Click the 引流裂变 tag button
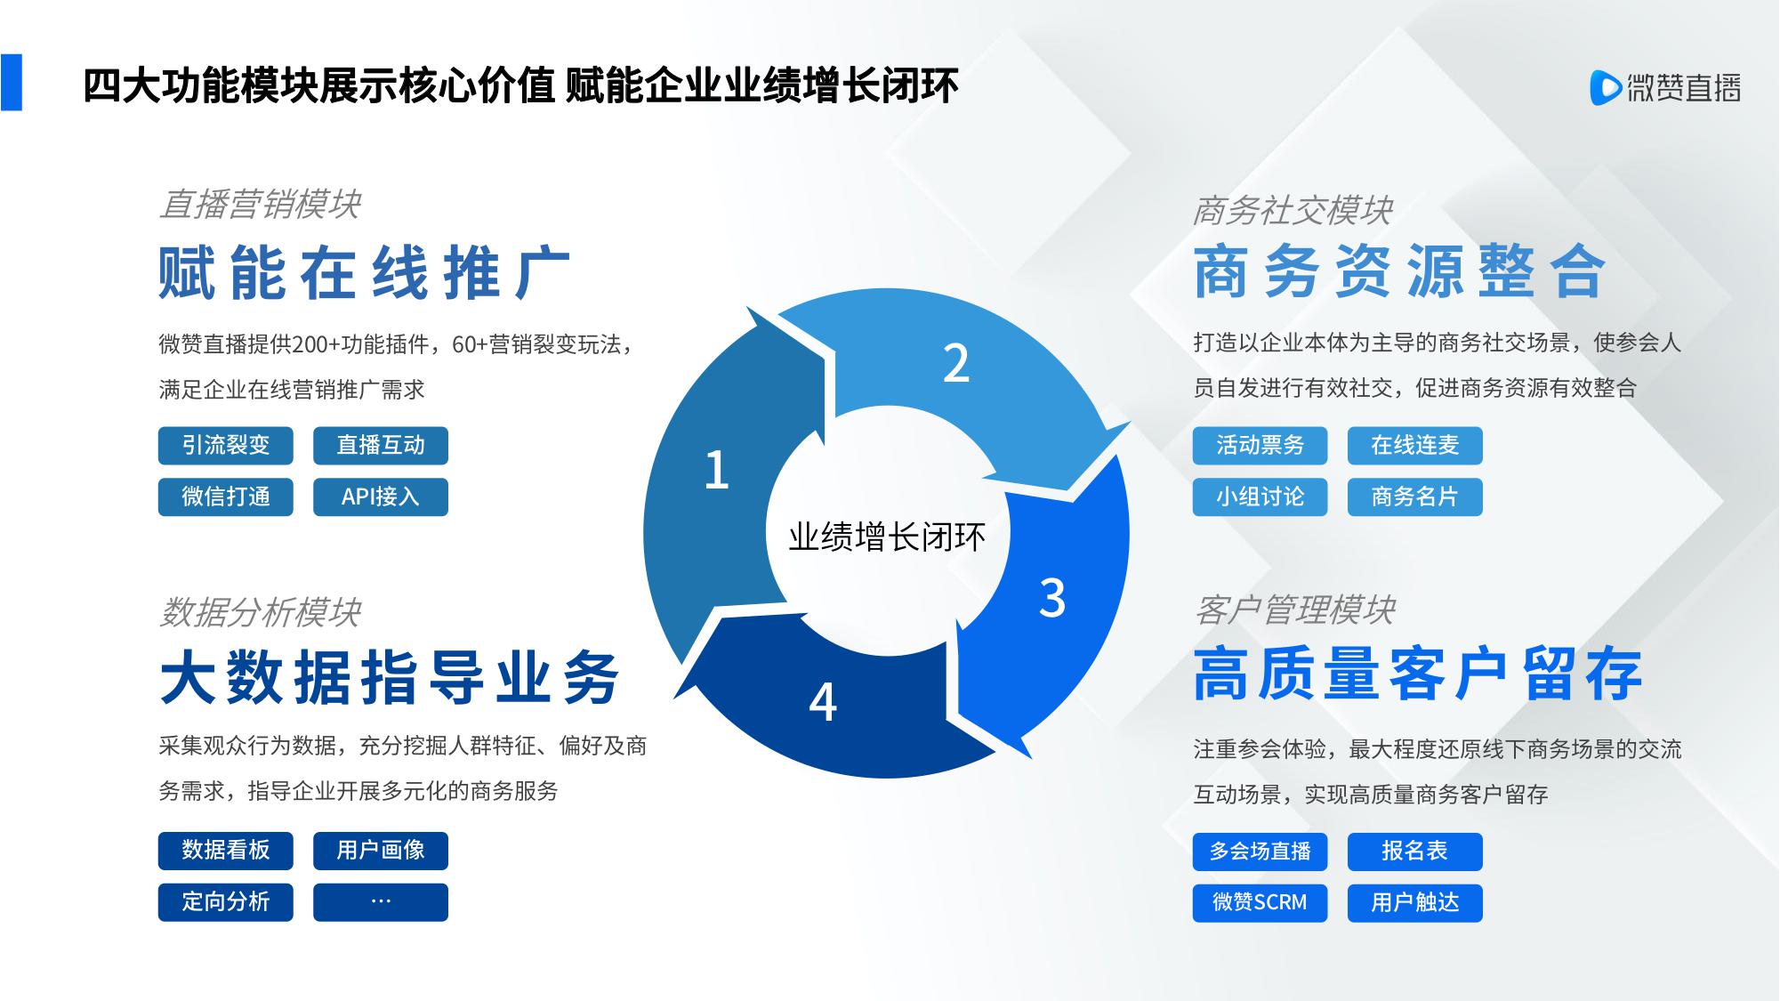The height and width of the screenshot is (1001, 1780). [x=226, y=446]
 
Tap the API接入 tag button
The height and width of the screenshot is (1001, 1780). [x=381, y=497]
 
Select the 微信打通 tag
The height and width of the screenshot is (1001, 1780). [x=226, y=497]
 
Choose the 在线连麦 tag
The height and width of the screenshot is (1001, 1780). [x=1414, y=446]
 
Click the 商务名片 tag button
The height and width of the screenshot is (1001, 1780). [x=1414, y=497]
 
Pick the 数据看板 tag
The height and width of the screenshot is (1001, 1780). [x=226, y=851]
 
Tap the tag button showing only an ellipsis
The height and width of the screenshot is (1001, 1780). [x=381, y=902]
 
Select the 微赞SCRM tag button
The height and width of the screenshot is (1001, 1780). [x=1260, y=903]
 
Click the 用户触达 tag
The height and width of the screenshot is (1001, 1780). [x=1414, y=903]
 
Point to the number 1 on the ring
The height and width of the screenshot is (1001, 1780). [x=717, y=470]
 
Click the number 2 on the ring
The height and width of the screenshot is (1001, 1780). [x=956, y=363]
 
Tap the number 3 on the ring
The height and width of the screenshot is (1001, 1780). [x=1052, y=598]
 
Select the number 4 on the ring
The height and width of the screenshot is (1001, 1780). [x=823, y=703]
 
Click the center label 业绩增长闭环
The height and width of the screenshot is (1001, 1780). [x=887, y=537]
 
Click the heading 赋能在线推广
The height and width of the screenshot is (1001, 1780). [x=365, y=272]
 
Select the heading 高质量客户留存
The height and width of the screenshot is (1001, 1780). [x=1418, y=674]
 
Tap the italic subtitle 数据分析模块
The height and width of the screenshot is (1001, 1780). [x=260, y=612]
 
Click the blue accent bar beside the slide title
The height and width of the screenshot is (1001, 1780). [x=11, y=83]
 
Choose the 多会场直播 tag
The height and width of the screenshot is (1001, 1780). [x=1260, y=852]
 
